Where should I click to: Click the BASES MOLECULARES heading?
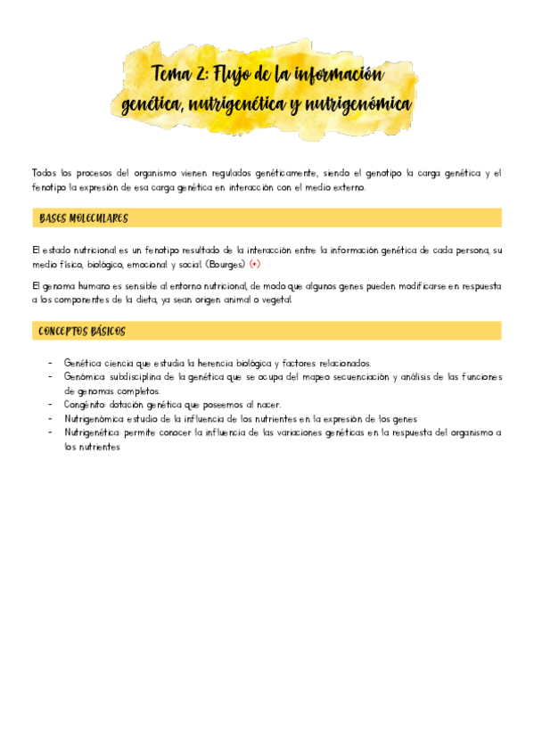pyautogui.click(x=85, y=218)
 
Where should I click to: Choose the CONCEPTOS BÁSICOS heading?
pyautogui.click(x=83, y=332)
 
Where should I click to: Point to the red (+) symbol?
pyautogui.click(x=255, y=266)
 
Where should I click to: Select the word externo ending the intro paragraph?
pyautogui.click(x=345, y=188)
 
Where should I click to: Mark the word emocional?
pyautogui.click(x=150, y=266)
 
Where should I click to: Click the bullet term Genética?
pyautogui.click(x=82, y=364)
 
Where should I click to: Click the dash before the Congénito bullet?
pyautogui.click(x=50, y=405)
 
